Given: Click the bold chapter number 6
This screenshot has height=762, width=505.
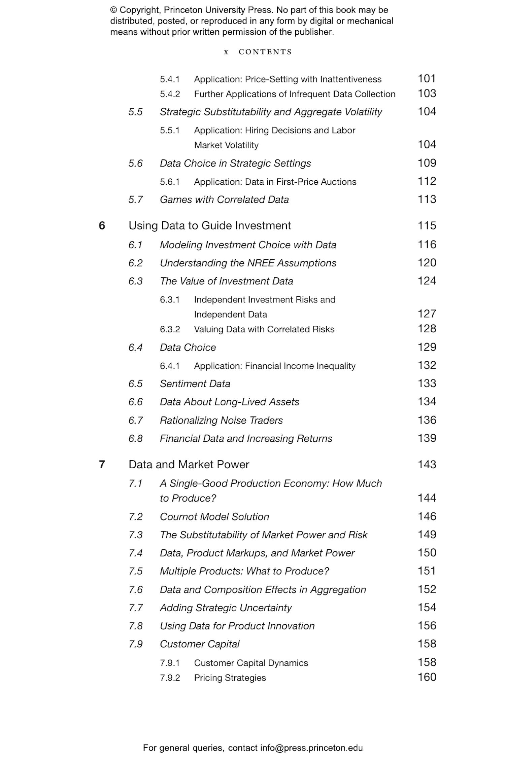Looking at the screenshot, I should click(x=102, y=225).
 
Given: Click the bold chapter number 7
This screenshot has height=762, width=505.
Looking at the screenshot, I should click(x=102, y=464).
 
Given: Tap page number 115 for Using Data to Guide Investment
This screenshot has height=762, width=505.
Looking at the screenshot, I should click(x=427, y=225).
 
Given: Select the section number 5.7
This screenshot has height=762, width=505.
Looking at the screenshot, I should click(x=135, y=199).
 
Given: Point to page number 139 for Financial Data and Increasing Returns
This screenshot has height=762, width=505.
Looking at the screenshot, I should click(x=427, y=438).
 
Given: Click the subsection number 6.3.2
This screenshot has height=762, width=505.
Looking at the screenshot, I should click(x=170, y=329).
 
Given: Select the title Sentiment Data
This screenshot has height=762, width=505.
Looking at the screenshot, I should click(x=195, y=384).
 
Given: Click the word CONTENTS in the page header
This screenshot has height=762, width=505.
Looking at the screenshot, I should click(x=265, y=52).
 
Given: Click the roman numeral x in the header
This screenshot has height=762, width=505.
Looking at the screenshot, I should click(x=226, y=52).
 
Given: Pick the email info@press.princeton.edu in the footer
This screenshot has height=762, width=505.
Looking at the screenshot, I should click(x=311, y=748).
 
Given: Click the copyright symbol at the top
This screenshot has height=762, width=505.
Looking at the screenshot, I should click(x=113, y=10).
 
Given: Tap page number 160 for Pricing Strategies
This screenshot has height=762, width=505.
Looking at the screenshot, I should click(x=427, y=677).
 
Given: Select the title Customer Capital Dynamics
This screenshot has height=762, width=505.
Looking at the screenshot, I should click(x=251, y=663).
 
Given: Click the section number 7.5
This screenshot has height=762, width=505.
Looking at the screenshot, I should click(x=135, y=571).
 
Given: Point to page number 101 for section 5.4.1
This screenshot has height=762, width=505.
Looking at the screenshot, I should click(x=427, y=78).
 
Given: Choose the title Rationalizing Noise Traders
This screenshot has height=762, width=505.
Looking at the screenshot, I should click(x=221, y=420).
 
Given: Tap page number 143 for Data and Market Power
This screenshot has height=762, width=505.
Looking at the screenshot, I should click(x=427, y=464).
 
